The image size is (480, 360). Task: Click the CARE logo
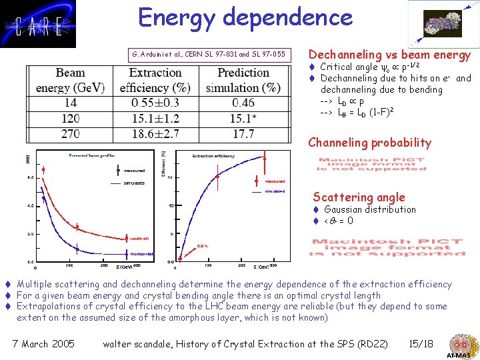(x=38, y=24)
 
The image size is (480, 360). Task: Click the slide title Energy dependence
(x=245, y=17)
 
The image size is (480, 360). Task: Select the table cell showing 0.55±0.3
(x=155, y=103)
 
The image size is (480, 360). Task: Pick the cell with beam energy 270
(x=70, y=134)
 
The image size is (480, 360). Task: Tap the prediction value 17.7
(x=244, y=134)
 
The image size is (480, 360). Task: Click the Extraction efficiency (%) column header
(x=155, y=80)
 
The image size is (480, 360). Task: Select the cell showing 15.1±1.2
(x=155, y=119)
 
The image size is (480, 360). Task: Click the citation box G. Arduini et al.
(x=208, y=54)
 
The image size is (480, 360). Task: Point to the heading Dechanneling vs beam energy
(x=389, y=55)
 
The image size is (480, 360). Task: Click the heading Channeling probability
(x=369, y=143)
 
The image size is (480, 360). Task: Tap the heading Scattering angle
(x=359, y=197)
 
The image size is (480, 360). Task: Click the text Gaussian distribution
(x=369, y=209)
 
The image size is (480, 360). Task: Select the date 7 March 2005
(x=44, y=344)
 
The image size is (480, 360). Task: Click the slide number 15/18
(x=421, y=344)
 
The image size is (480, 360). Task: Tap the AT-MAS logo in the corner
(x=460, y=345)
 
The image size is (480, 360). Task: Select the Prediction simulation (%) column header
(x=244, y=80)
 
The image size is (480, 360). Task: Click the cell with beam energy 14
(x=70, y=103)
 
